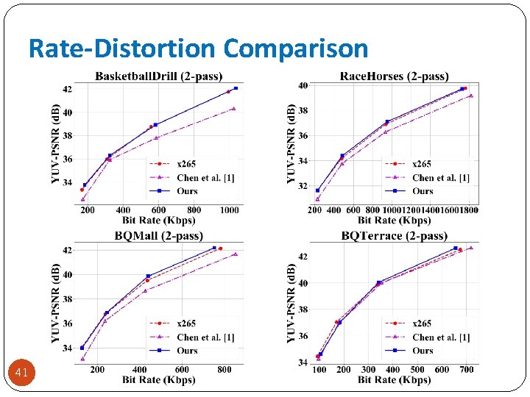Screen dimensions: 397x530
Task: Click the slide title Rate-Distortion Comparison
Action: click(x=198, y=49)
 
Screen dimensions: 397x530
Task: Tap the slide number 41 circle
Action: click(x=21, y=373)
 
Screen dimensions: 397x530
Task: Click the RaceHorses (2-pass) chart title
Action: click(x=394, y=76)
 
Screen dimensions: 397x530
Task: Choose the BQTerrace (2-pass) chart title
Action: click(x=394, y=236)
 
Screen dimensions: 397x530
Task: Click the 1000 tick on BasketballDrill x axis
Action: click(x=230, y=210)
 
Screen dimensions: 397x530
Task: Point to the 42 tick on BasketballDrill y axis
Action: click(x=67, y=90)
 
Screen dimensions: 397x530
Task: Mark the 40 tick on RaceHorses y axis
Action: click(x=303, y=86)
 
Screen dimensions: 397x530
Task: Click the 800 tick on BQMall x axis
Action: click(x=224, y=370)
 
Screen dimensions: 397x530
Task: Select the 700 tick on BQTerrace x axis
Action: click(x=467, y=370)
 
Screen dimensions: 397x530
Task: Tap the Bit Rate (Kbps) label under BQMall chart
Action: click(x=159, y=379)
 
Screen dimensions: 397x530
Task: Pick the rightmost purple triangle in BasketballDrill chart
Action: click(x=233, y=108)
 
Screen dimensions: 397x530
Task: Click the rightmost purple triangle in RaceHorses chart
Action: click(x=471, y=95)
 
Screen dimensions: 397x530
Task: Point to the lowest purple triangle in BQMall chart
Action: click(x=82, y=359)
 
